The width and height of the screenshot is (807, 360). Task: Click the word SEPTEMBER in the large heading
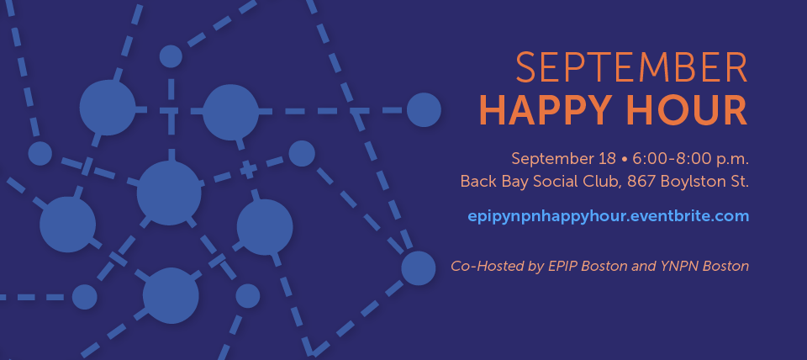(x=631, y=67)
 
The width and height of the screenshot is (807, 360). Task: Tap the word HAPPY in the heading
(x=544, y=110)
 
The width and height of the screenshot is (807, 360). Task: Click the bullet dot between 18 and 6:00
(x=625, y=159)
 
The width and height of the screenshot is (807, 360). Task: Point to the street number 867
(x=641, y=182)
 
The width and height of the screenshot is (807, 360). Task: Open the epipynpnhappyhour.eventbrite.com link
(x=609, y=216)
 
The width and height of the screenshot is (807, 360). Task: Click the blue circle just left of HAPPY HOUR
(x=424, y=109)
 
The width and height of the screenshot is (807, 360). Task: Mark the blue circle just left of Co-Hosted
(x=419, y=268)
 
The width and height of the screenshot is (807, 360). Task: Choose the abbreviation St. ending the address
(x=740, y=182)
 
